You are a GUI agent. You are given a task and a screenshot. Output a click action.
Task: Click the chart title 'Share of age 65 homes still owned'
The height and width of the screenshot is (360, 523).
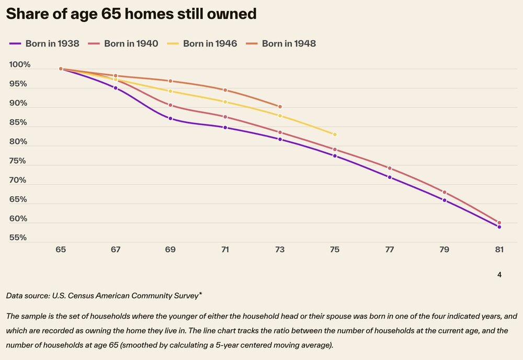pos(131,14)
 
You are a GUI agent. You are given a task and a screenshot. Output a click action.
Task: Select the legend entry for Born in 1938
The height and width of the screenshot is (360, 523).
pos(44,43)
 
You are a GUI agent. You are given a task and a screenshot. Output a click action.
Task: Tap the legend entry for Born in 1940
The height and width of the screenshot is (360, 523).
pos(123,43)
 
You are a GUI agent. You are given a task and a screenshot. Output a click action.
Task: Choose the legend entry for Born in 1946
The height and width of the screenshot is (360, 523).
pos(202,43)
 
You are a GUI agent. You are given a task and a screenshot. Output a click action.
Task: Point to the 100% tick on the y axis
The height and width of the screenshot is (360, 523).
pos(20,65)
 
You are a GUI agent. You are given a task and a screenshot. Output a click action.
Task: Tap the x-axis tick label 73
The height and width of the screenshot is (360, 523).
pos(280,250)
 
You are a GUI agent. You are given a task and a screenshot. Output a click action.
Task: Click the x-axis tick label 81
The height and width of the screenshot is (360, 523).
pos(499,250)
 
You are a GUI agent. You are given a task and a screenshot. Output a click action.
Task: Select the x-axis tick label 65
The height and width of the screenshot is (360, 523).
pos(61,250)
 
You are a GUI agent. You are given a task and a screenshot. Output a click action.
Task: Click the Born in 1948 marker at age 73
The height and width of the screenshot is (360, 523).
pos(280,107)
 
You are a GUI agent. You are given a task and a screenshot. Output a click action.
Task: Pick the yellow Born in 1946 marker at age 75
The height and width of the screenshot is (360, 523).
pos(335,134)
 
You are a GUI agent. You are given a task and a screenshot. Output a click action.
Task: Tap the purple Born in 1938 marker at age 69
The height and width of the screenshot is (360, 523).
pos(170,119)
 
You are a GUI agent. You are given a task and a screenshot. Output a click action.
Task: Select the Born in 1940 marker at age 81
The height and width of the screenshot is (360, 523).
pos(499,223)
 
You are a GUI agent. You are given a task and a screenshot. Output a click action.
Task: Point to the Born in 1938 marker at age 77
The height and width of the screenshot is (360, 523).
pos(390,177)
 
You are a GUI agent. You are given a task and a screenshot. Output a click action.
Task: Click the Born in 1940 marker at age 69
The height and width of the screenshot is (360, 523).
pos(170,105)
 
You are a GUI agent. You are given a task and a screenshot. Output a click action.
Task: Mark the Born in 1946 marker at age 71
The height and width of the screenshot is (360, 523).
pos(225,102)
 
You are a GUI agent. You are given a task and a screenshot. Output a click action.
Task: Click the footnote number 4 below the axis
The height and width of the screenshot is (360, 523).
pos(499,274)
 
